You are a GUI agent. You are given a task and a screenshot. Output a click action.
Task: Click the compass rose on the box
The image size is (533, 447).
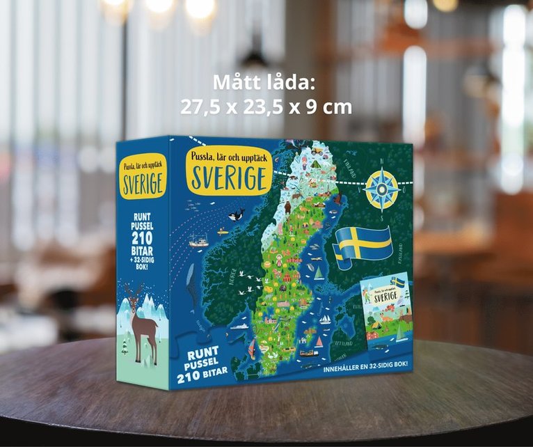click(382, 189)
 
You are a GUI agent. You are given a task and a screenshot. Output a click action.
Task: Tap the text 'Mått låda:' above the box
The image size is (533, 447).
click(264, 82)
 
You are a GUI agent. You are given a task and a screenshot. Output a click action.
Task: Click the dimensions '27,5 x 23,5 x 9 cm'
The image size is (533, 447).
click(266, 107)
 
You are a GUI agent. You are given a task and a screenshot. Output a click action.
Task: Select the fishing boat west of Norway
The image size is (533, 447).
click(199, 242)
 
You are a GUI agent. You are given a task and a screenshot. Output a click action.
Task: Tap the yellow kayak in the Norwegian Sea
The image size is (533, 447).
click(223, 232)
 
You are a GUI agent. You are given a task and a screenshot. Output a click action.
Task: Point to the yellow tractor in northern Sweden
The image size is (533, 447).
click(317, 150)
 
